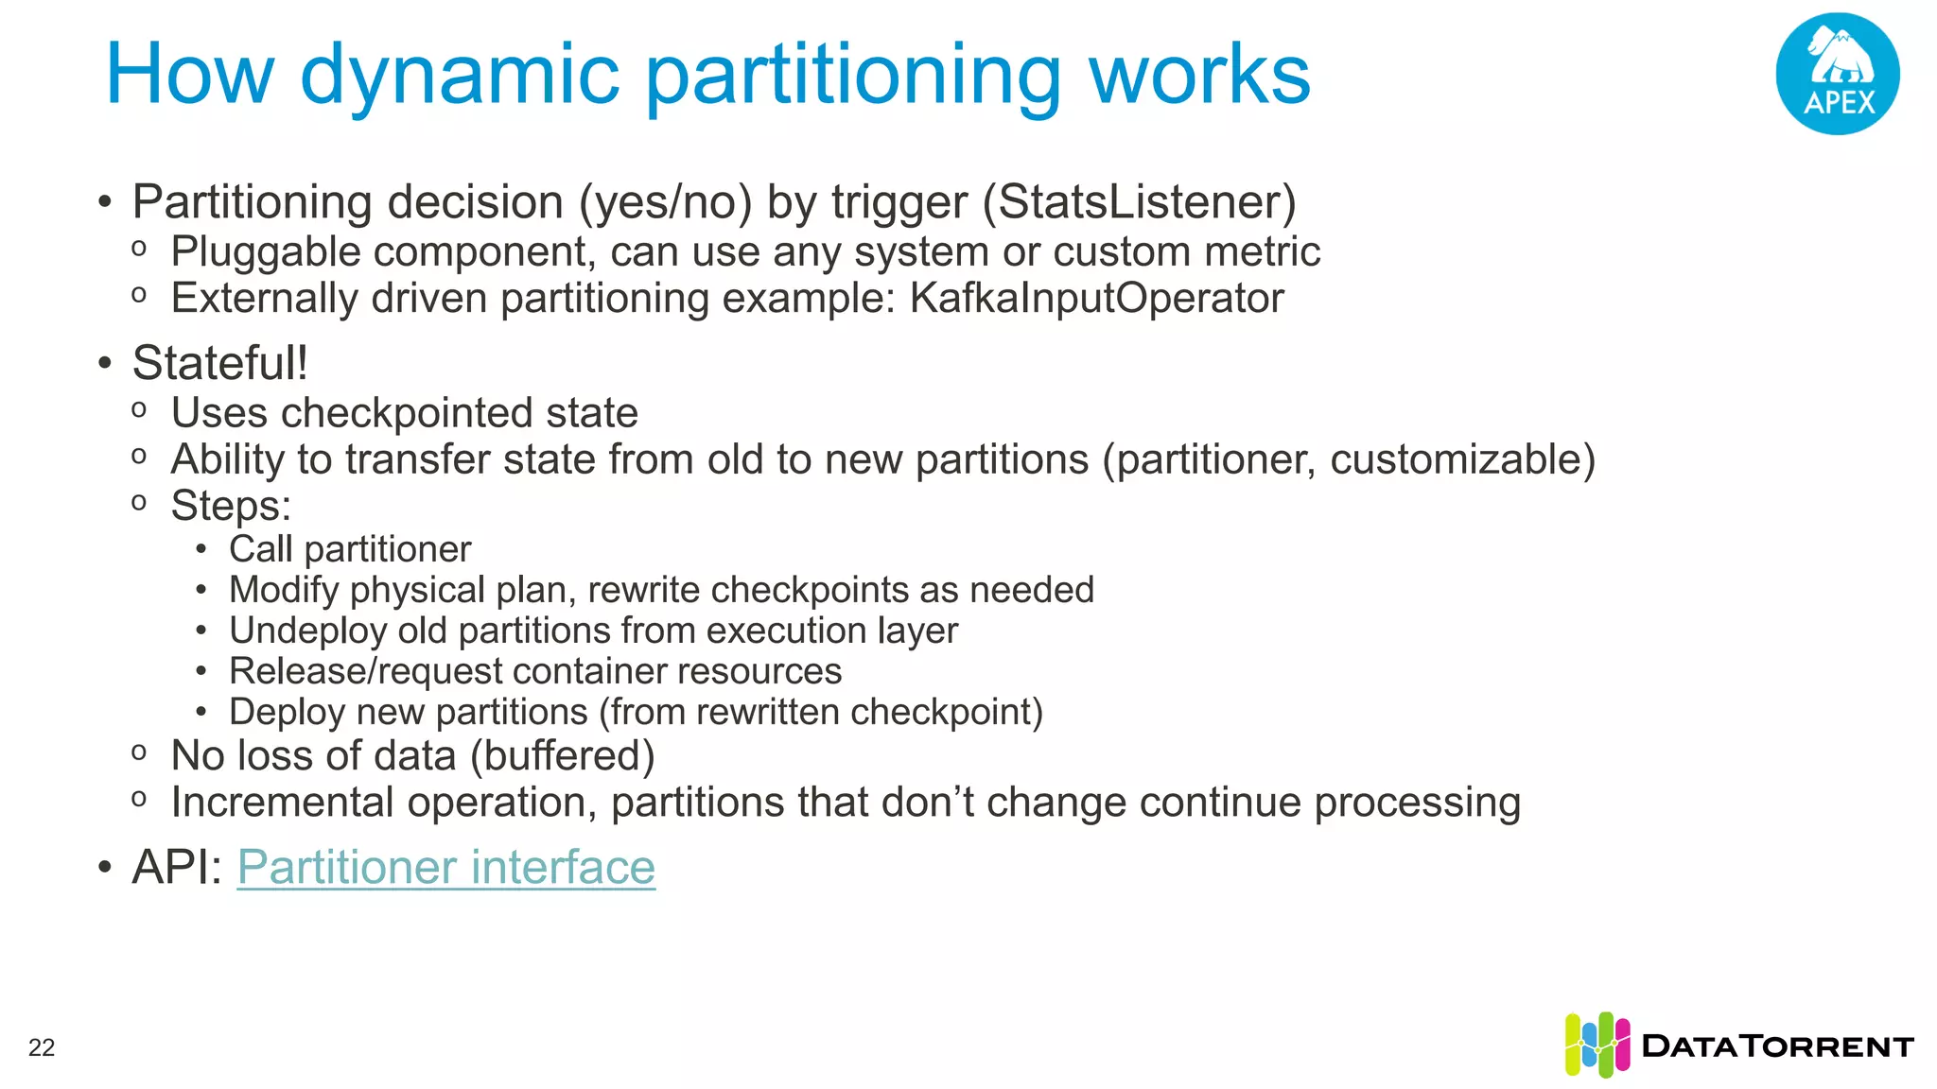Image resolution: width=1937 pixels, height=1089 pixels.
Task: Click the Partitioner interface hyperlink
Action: click(x=445, y=867)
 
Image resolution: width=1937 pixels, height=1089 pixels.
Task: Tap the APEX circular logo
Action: click(x=1837, y=74)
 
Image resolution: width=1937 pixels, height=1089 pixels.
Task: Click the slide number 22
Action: click(x=42, y=1047)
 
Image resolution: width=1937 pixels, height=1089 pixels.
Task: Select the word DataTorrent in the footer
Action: click(x=1777, y=1046)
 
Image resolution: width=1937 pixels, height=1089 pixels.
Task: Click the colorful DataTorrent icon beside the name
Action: click(x=1597, y=1045)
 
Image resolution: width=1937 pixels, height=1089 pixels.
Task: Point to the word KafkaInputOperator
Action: click(x=1096, y=299)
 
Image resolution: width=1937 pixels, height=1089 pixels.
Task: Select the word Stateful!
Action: click(x=219, y=364)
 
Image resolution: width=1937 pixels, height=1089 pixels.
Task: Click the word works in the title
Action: click(x=1199, y=76)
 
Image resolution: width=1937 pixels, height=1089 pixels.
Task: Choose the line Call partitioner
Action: click(x=349, y=549)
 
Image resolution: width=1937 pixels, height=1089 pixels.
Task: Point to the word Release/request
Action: click(x=365, y=671)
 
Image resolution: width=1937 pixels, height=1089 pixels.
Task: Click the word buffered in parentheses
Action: click(x=562, y=756)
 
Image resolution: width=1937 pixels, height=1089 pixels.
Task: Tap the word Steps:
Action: click(x=231, y=506)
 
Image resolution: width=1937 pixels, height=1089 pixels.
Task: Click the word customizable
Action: click(x=1457, y=460)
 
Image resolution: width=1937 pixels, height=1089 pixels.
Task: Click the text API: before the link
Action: click(x=177, y=867)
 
